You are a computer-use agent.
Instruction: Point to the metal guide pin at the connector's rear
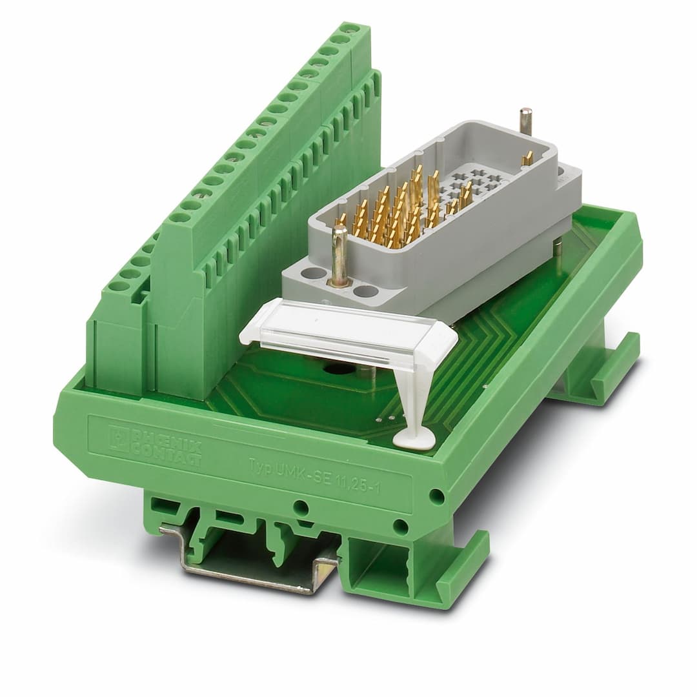tap(526, 121)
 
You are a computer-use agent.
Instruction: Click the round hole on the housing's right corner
tap(436, 496)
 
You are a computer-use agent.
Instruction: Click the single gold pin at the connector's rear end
tap(527, 159)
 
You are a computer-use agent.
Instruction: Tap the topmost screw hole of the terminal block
tap(350, 29)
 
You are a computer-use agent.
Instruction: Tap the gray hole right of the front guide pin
tap(365, 291)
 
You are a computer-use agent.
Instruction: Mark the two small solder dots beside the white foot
tap(383, 418)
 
